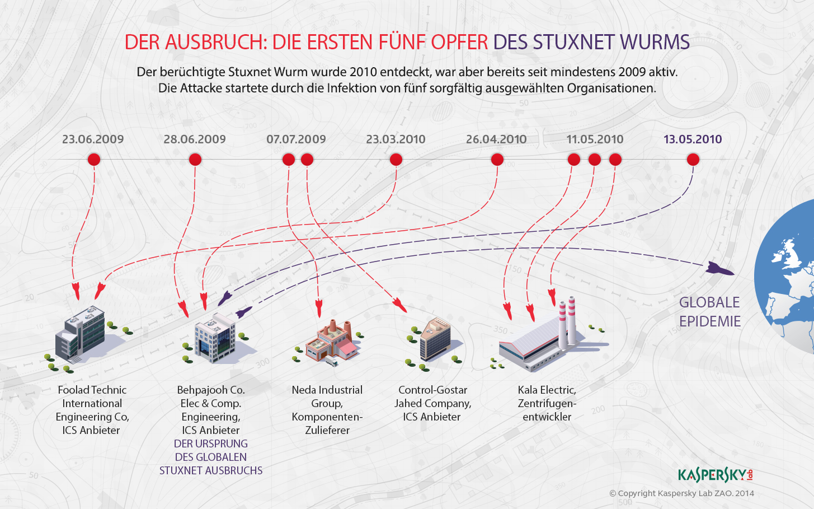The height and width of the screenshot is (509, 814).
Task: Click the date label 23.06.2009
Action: point(93,139)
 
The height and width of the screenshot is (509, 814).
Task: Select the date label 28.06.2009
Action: point(195,139)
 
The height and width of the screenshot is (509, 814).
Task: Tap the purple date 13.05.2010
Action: point(693,139)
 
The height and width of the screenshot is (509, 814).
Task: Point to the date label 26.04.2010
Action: point(496,139)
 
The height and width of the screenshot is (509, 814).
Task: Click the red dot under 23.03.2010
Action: point(396,160)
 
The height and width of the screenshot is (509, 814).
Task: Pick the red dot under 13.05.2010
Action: point(693,160)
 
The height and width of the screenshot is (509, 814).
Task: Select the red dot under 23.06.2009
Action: point(94,160)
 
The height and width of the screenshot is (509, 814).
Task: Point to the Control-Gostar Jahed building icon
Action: point(435,339)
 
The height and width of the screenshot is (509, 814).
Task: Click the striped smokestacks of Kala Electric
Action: point(567,320)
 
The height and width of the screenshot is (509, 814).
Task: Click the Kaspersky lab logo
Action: point(715,475)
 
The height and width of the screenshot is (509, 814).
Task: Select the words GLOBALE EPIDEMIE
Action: point(710,312)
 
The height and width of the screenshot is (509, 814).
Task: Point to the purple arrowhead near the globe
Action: point(719,269)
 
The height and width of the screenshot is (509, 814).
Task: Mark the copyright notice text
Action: point(681,493)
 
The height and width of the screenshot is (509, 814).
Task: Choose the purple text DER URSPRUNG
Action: point(211,443)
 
